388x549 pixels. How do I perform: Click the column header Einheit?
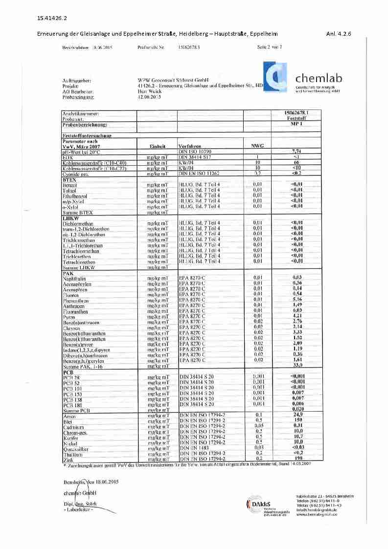coord(160,146)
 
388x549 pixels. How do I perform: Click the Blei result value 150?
coord(297,420)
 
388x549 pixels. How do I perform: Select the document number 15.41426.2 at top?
coord(52,19)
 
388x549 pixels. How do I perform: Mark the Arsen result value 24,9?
coord(297,415)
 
